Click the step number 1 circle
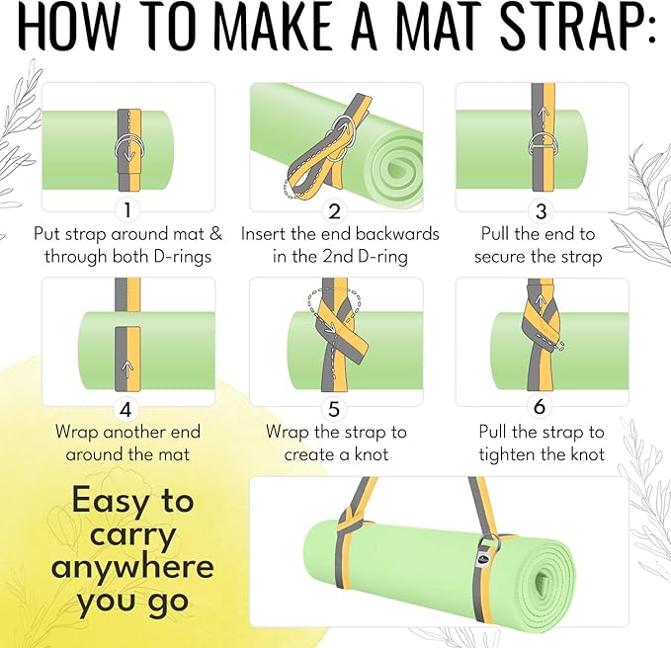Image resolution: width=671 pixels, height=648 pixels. point(126,209)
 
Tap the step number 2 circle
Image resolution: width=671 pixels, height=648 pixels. point(335,210)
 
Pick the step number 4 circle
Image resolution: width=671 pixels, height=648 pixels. point(126,407)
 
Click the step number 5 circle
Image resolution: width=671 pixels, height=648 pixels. point(335,407)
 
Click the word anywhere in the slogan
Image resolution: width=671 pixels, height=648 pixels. point(132,567)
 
